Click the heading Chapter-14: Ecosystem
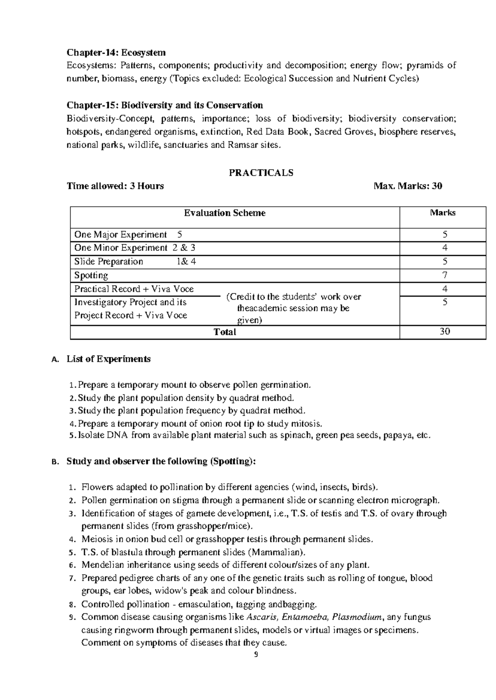tap(116, 52)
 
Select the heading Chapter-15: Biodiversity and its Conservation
tap(165, 105)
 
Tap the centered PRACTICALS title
tap(261, 173)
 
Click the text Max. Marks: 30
tap(408, 186)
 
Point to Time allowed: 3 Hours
tap(115, 186)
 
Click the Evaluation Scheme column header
tap(224, 213)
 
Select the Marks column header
tap(443, 213)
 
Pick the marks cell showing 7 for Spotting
tap(445, 275)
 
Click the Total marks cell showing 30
tap(445, 331)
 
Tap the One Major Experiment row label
tap(120, 235)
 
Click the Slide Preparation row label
tap(109, 262)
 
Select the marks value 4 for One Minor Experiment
tap(445, 248)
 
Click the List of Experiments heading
tap(108, 359)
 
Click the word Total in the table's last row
tap(224, 332)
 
